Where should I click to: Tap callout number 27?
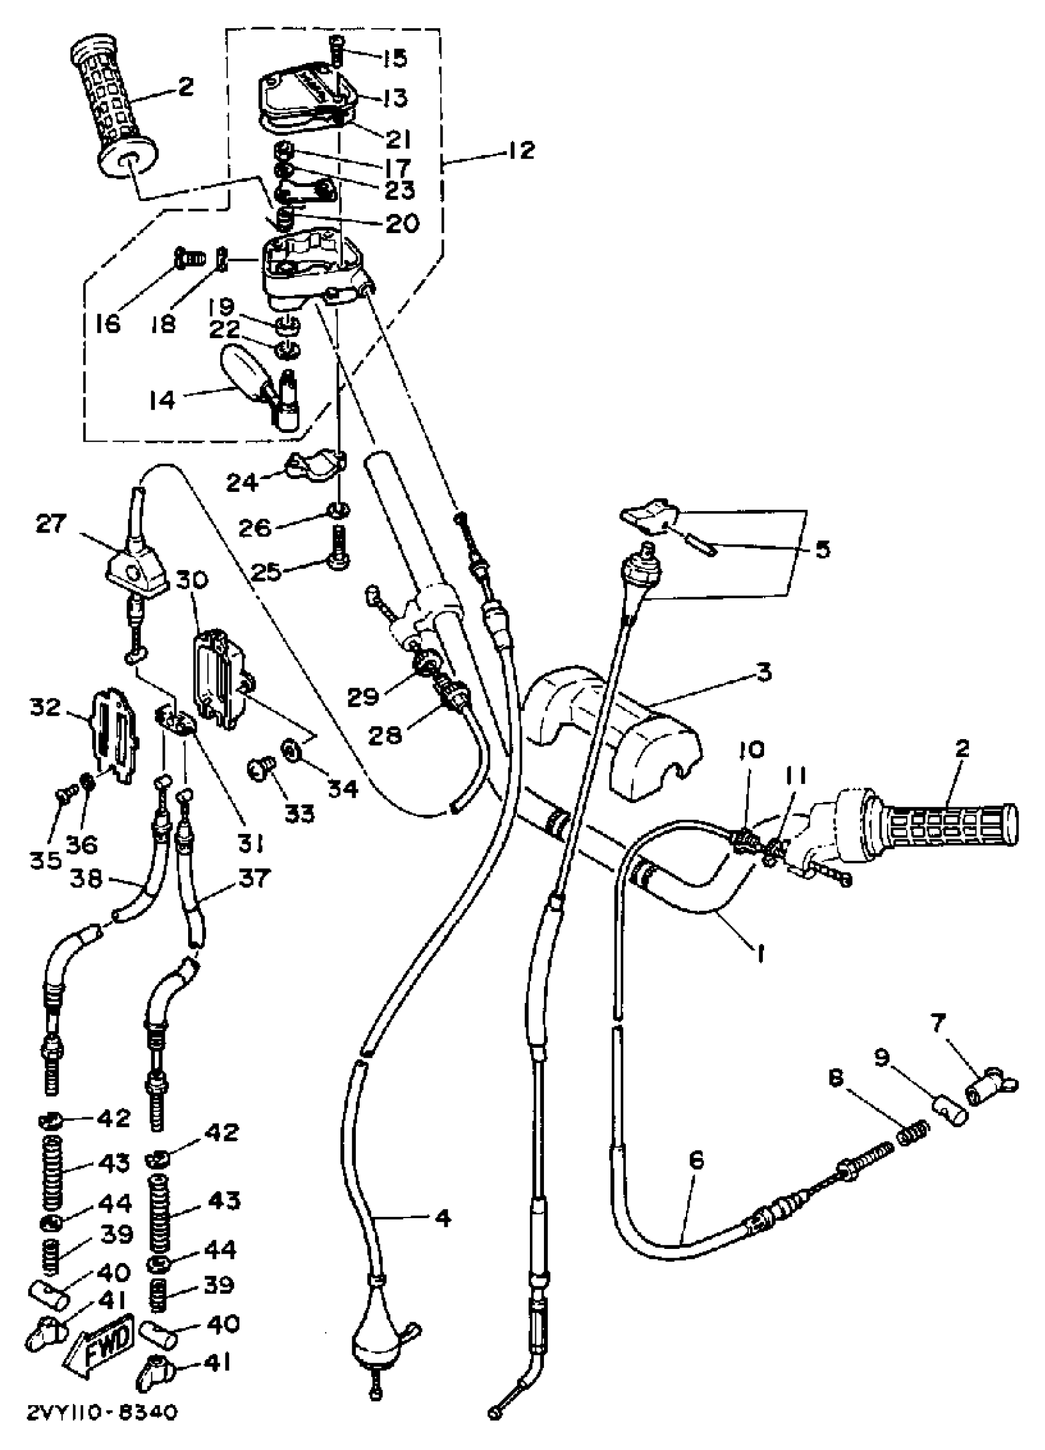point(51,525)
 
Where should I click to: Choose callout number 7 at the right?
point(937,1024)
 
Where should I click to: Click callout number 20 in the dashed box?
point(403,223)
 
